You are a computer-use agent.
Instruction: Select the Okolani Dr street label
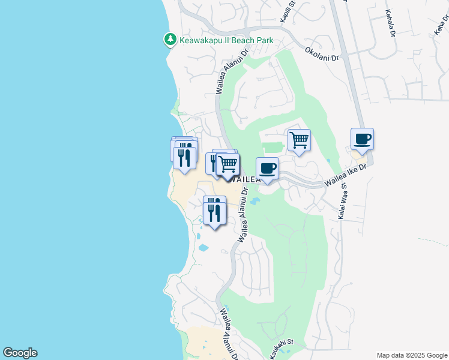(322, 54)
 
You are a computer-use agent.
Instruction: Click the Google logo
(20, 353)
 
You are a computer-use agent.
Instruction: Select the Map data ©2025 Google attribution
(412, 355)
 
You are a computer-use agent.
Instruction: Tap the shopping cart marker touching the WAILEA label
(228, 164)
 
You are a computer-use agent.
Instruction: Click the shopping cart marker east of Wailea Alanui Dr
(299, 140)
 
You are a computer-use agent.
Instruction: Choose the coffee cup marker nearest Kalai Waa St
(362, 140)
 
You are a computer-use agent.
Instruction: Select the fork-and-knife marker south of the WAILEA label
(214, 211)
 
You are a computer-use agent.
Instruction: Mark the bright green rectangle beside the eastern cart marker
(273, 147)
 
